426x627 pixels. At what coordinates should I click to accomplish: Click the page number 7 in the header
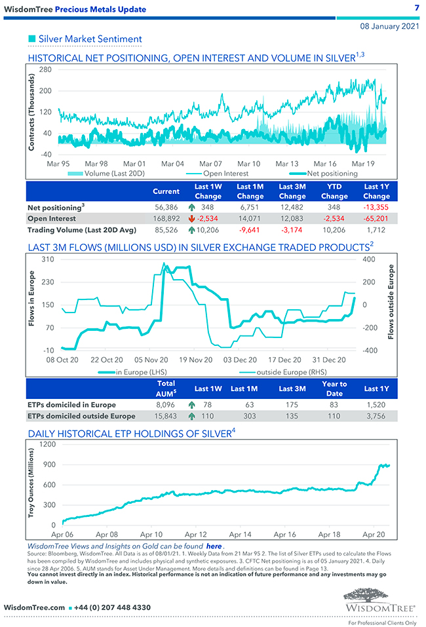coord(417,8)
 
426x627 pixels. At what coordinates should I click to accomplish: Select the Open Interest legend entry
coord(225,174)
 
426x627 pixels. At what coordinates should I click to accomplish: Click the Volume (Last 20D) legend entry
coord(109,174)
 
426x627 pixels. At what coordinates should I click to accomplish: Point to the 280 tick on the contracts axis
coord(47,69)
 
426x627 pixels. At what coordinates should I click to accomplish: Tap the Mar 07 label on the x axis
coord(210,163)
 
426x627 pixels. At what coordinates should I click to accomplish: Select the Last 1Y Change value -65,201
coord(376,219)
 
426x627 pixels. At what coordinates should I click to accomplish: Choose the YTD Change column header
coord(334,192)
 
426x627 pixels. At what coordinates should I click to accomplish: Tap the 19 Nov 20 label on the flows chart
coord(196,360)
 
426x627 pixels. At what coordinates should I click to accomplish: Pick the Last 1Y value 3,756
coord(376,417)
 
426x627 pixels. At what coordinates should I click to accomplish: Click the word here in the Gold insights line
coord(214,546)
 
